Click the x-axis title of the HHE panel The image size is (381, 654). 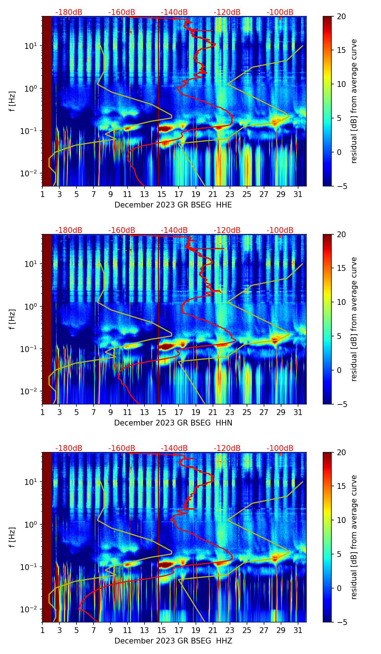173,205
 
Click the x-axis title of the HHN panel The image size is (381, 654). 173,423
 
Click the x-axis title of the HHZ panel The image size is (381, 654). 173,641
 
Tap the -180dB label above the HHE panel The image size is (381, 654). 69,12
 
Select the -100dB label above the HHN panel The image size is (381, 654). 280,230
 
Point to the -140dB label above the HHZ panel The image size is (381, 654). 174,448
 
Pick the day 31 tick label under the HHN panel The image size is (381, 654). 298,412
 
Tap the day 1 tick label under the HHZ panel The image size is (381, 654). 42,630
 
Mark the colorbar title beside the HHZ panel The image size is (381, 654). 354,537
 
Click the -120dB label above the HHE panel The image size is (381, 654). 227,12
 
